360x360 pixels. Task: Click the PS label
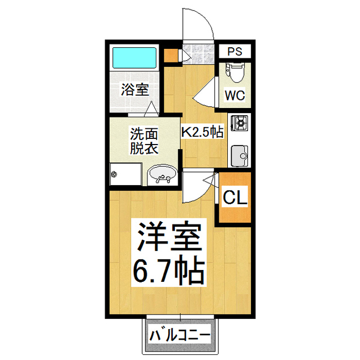point(235,52)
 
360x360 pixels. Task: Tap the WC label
point(235,95)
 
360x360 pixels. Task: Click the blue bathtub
point(133,58)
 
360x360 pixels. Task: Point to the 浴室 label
point(135,89)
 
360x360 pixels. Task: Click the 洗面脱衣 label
point(144,141)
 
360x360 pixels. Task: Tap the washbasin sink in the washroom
point(163,176)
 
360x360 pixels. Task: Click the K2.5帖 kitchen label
point(202,132)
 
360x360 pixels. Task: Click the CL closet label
point(235,197)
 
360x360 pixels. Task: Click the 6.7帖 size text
point(168,273)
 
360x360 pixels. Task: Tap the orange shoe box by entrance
point(169,55)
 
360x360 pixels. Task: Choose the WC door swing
point(206,91)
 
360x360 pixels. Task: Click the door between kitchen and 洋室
point(199,185)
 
